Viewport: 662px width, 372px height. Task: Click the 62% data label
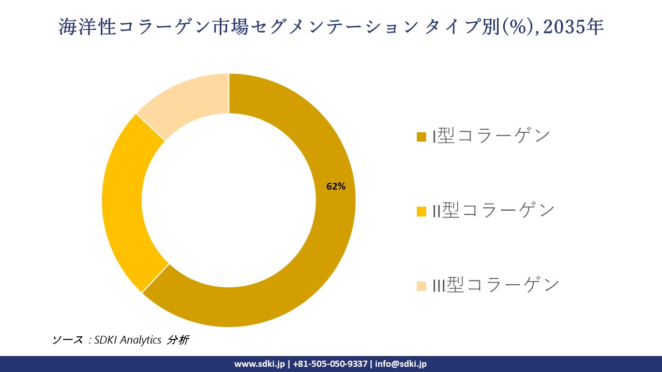click(x=336, y=187)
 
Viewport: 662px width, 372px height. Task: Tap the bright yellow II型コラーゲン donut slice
click(x=124, y=207)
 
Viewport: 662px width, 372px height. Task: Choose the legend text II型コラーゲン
click(x=493, y=210)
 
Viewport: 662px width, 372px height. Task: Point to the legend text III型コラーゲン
click(x=496, y=285)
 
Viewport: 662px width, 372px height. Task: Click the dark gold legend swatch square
click(x=422, y=137)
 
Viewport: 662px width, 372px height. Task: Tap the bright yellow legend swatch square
click(x=422, y=211)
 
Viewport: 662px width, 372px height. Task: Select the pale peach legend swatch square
click(x=422, y=286)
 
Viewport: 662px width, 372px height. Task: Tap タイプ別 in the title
click(x=460, y=27)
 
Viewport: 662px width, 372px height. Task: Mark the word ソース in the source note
click(x=67, y=340)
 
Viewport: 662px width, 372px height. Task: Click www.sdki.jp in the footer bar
click(x=259, y=364)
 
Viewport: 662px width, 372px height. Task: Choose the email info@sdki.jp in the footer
click(x=401, y=364)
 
